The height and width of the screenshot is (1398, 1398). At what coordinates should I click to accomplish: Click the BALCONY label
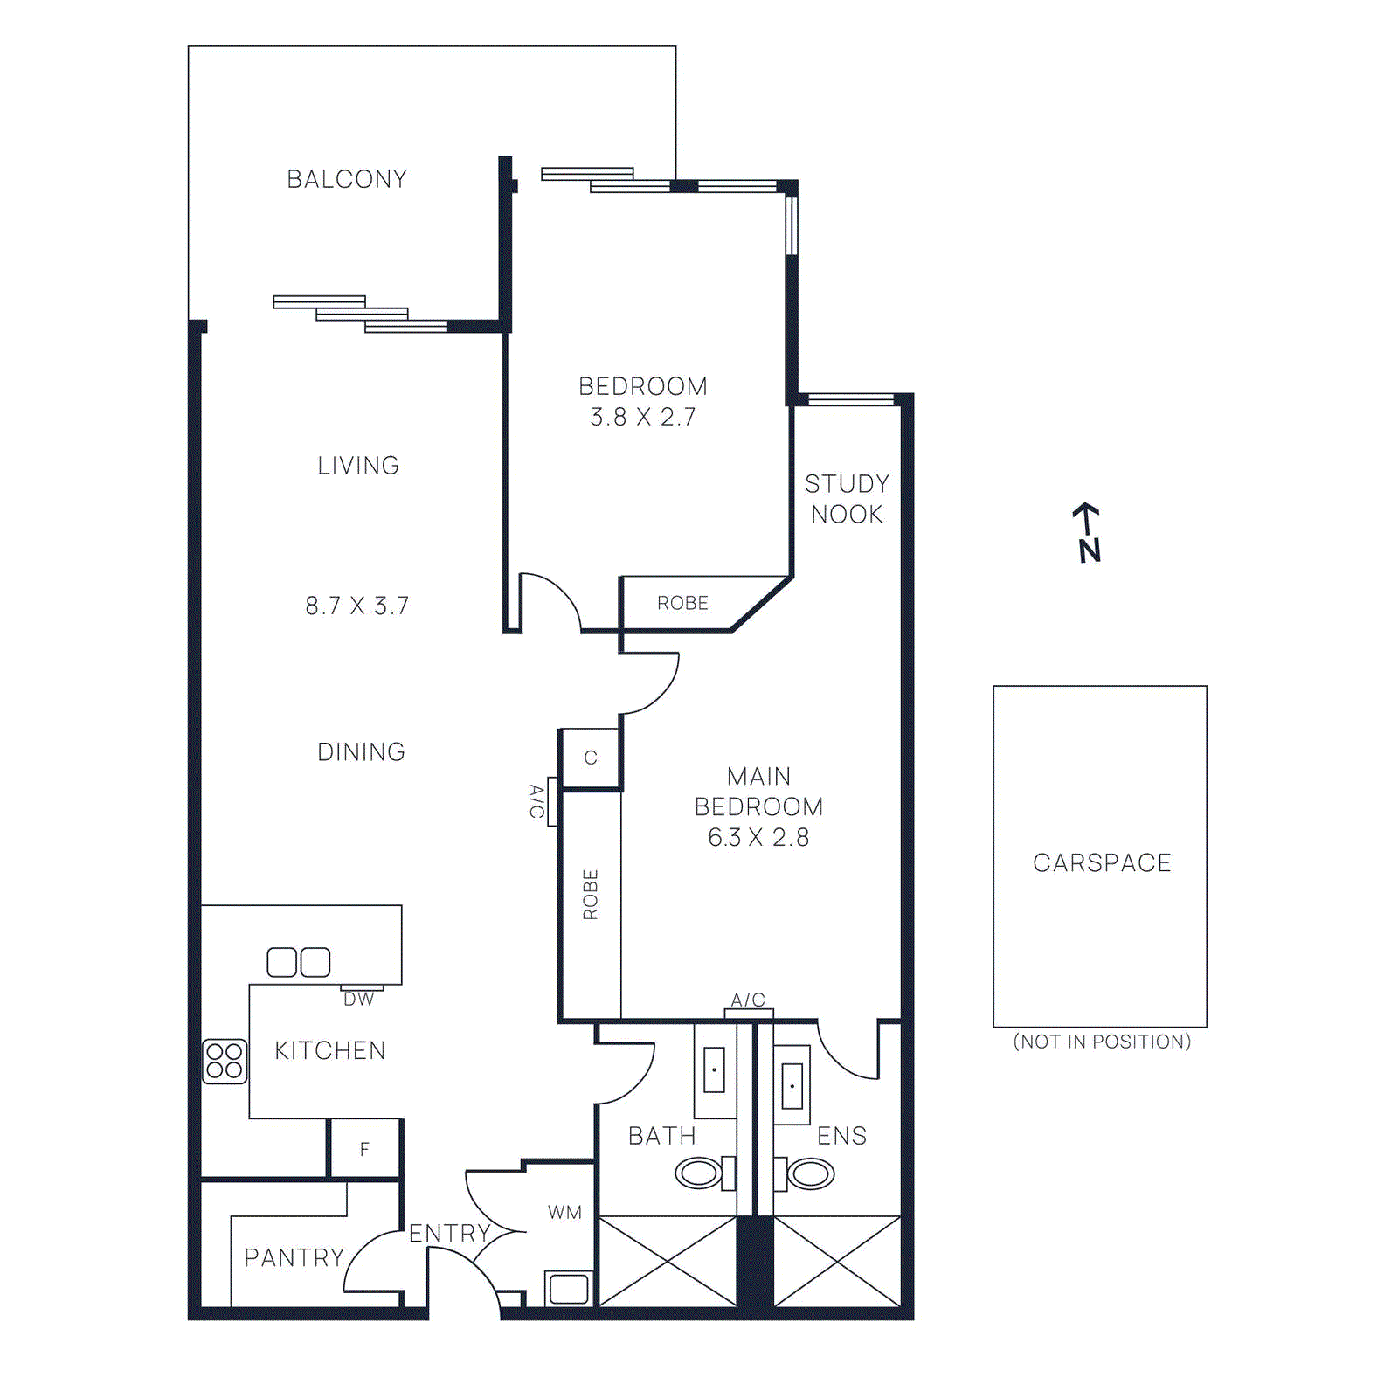click(x=347, y=179)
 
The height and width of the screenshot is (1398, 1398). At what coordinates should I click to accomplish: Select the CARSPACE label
click(x=1101, y=862)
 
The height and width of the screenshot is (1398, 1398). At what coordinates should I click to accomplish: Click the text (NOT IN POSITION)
click(x=1101, y=1042)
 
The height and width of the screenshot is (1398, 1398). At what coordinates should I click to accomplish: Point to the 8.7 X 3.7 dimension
click(x=356, y=606)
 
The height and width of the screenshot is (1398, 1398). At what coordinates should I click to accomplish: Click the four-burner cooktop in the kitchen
click(x=225, y=1062)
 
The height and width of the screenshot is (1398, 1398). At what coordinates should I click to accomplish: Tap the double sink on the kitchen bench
click(x=298, y=962)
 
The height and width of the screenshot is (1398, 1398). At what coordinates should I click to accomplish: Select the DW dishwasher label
click(x=358, y=1000)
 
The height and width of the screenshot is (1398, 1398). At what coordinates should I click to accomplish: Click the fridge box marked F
click(x=364, y=1149)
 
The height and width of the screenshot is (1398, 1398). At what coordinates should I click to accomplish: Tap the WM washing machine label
click(x=564, y=1212)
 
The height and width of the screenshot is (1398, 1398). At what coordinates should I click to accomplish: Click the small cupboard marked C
click(x=591, y=758)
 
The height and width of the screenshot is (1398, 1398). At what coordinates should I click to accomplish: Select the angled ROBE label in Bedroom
click(x=682, y=603)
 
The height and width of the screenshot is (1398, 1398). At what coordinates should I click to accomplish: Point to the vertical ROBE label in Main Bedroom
click(x=591, y=894)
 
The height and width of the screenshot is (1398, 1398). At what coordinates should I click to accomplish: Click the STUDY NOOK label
click(x=847, y=499)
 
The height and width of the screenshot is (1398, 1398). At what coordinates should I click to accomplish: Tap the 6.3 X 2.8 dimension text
click(x=758, y=837)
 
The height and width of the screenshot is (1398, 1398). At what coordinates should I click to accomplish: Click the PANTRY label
click(x=294, y=1257)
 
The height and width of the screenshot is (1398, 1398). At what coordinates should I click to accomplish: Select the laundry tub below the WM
click(x=569, y=1289)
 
